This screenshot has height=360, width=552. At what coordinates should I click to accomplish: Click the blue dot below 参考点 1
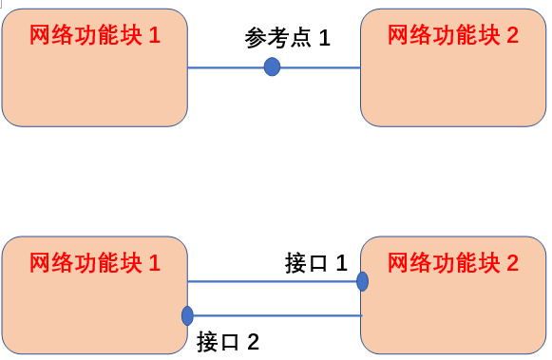point(272,66)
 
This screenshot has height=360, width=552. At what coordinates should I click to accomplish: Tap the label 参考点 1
point(287,39)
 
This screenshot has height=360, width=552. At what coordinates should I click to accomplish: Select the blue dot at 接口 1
point(362,281)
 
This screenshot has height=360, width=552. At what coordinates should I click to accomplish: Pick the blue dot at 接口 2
point(187,315)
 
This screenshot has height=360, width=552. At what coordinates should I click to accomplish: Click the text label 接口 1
point(317,263)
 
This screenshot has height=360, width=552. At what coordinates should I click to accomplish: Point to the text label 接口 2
point(228,342)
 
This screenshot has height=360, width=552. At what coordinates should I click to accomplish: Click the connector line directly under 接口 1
point(276,281)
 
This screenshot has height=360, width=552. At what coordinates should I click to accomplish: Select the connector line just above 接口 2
point(276,315)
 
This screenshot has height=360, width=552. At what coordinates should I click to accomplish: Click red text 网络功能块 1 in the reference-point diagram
point(95,36)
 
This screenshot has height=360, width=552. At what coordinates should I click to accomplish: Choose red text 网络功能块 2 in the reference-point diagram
point(454,36)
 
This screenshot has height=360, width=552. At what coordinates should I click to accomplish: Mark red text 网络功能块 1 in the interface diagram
point(95,262)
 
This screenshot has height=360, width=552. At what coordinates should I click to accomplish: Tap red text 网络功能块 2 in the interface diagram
point(454,262)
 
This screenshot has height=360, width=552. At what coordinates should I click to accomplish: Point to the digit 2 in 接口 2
point(253,342)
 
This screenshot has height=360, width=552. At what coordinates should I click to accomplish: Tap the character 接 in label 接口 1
point(295,263)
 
